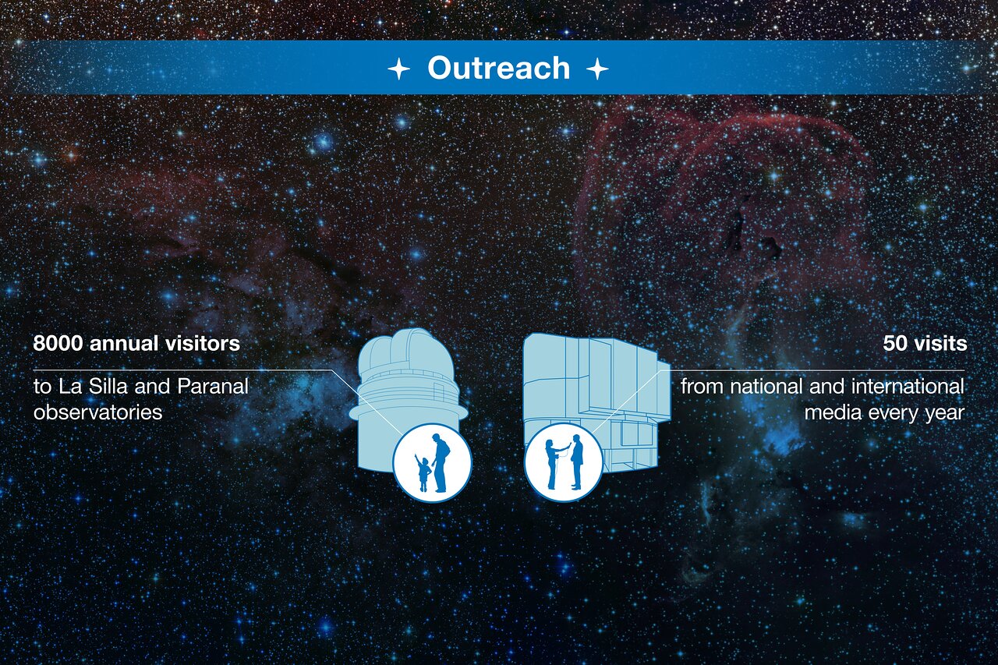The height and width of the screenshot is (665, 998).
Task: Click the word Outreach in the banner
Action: click(498, 68)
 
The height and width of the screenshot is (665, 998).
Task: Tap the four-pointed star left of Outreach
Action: click(398, 69)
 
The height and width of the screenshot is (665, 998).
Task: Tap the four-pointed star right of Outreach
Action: click(597, 69)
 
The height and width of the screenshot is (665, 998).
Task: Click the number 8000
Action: click(58, 343)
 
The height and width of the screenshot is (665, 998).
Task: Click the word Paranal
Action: click(213, 386)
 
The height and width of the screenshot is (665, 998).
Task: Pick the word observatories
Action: click(98, 412)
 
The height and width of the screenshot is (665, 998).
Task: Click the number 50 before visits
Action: click(894, 343)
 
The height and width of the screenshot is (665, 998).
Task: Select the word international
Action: click(908, 386)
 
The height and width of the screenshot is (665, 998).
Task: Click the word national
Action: click(766, 386)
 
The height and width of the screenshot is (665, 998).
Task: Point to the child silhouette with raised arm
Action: click(423, 473)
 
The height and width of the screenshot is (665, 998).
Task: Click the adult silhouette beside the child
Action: click(441, 463)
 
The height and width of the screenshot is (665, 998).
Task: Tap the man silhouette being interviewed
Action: click(577, 462)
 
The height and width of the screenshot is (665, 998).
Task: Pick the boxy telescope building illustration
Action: click(596, 403)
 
